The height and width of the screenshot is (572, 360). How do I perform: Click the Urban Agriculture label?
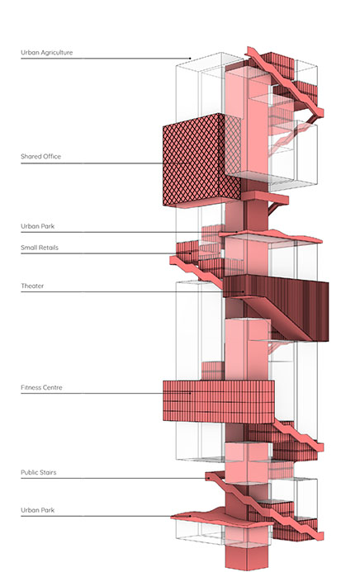(47, 53)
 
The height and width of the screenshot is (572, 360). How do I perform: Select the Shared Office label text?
(40, 157)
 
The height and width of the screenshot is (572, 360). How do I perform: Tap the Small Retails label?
(40, 248)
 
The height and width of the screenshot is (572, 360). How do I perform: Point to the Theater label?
(32, 286)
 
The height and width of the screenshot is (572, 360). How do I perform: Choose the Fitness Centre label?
(41, 387)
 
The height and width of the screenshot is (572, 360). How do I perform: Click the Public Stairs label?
(39, 472)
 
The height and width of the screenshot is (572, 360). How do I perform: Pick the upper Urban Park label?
(37, 226)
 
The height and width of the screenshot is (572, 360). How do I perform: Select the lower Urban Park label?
(37, 510)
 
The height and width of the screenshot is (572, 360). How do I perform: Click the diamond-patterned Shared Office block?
(201, 160)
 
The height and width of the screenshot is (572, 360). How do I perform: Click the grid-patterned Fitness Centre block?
(218, 402)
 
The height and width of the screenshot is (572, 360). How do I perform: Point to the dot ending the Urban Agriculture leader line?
(190, 59)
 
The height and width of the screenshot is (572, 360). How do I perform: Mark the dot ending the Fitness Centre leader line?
(190, 393)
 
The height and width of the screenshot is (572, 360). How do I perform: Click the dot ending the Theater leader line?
(244, 292)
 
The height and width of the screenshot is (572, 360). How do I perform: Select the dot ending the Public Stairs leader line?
(208, 478)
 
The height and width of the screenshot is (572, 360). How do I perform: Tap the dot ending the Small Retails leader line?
(190, 253)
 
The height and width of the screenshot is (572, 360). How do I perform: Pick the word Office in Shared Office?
(51, 157)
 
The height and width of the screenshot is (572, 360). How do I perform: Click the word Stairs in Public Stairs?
(47, 472)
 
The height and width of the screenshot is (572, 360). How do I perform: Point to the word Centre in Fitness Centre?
(52, 387)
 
